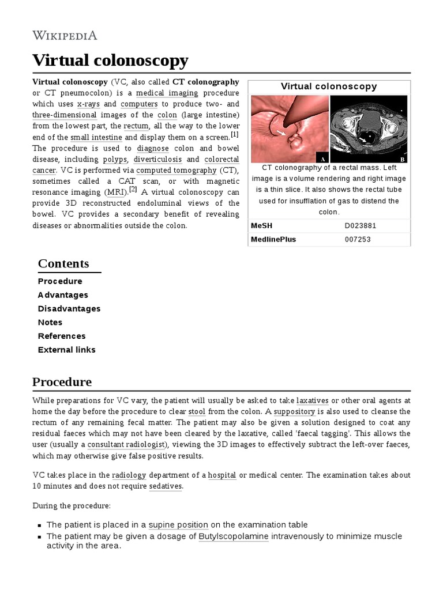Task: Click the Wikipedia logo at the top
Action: (x=65, y=35)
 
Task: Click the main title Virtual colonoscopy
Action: (x=110, y=60)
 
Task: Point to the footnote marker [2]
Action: (x=133, y=190)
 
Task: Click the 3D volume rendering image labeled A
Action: (x=289, y=129)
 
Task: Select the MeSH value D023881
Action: (x=360, y=225)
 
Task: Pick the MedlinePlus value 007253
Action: (x=356, y=239)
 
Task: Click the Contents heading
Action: (x=63, y=263)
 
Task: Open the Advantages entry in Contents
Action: (x=63, y=295)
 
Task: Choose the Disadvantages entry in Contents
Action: (x=69, y=309)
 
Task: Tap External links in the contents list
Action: (x=67, y=350)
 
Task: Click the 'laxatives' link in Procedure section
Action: (x=312, y=400)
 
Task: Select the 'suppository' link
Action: (x=294, y=412)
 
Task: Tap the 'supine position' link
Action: (x=178, y=525)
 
